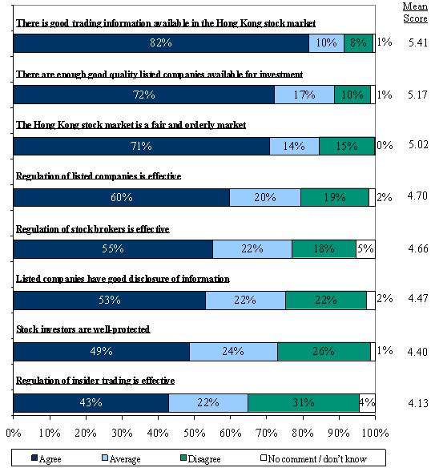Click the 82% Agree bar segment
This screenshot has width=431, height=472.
coord(161,43)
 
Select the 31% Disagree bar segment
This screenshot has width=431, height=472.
coord(304,403)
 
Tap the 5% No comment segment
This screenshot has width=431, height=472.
coord(365,249)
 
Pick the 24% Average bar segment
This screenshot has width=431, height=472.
coord(234,352)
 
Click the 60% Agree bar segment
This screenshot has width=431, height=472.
coord(122,197)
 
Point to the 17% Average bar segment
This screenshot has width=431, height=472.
coord(304,95)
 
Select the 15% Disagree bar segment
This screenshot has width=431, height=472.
coord(347,146)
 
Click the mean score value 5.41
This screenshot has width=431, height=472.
coord(418,42)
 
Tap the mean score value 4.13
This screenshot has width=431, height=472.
coord(418,403)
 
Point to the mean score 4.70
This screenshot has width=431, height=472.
coord(417,196)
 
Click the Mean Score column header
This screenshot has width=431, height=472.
coord(415,12)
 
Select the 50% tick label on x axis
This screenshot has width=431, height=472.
coord(194,433)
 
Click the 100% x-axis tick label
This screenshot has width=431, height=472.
coord(375,433)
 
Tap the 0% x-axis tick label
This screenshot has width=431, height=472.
coord(14,433)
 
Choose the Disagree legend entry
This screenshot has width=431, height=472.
coord(200,458)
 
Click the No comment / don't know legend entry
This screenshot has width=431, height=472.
coord(313,458)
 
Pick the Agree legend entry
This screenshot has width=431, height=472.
coord(46,458)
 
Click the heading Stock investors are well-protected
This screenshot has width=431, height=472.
coord(83,329)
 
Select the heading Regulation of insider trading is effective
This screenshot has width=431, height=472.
coord(95,381)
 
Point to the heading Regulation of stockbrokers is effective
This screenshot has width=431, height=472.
coord(93,229)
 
